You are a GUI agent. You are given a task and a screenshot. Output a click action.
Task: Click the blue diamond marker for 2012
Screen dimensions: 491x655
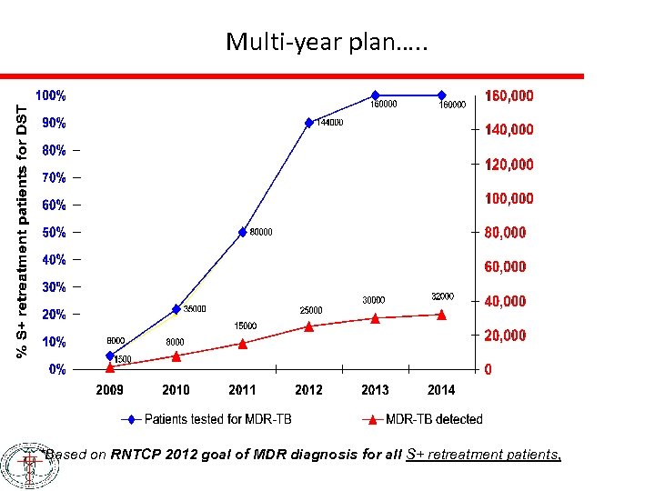click(308, 122)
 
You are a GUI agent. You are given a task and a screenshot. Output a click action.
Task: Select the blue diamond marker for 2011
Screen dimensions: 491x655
click(242, 232)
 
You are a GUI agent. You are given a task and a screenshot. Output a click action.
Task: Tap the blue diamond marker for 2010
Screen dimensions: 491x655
click(176, 309)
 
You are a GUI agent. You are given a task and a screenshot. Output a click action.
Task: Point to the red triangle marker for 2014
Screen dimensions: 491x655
click(441, 315)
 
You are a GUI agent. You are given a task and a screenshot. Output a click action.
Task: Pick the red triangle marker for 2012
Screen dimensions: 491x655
click(308, 326)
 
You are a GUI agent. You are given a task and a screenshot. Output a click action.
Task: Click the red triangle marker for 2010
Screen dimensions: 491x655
click(176, 356)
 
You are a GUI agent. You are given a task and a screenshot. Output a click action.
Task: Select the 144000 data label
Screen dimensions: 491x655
click(329, 123)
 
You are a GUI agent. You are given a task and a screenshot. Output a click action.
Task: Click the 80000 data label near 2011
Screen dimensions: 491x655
click(260, 232)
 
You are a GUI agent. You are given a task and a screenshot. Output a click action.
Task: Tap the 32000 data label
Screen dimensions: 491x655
click(441, 296)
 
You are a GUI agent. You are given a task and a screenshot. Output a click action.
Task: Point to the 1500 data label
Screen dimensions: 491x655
click(123, 359)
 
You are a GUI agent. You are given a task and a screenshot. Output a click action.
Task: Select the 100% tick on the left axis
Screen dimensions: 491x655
click(50, 95)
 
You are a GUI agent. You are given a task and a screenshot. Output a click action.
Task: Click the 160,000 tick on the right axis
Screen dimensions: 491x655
click(509, 95)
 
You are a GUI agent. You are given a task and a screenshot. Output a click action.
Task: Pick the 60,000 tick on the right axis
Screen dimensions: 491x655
click(505, 266)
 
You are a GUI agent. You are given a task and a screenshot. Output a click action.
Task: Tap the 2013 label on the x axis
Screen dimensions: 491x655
click(375, 390)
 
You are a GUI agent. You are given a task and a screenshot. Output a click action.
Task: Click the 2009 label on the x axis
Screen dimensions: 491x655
click(109, 390)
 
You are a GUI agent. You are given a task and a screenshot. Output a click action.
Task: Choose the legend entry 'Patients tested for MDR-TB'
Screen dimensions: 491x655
click(210, 419)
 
